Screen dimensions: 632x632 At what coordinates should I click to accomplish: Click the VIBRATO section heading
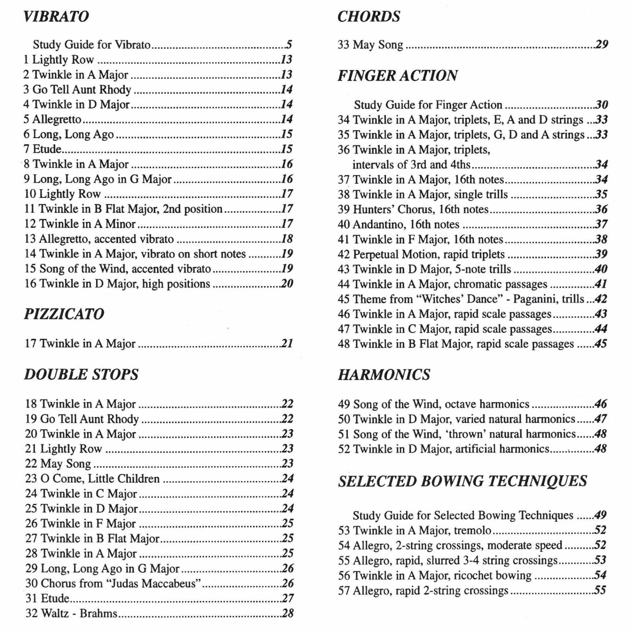56,16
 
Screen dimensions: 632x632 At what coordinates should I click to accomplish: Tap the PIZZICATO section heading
64,314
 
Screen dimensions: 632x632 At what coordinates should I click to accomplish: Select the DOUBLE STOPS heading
81,375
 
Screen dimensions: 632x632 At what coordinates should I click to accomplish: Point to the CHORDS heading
369,16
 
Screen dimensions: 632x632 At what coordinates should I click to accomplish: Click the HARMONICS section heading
384,375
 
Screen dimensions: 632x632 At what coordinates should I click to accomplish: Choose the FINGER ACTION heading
397,76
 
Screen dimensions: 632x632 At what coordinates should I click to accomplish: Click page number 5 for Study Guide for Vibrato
289,44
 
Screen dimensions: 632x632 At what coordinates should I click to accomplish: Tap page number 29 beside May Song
601,44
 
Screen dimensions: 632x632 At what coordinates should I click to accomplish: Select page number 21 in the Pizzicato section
287,344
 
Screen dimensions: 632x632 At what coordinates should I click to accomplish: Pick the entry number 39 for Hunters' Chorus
343,209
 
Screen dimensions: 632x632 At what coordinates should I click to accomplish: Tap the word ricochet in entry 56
472,575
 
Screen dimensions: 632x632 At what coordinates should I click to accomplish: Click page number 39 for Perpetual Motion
601,254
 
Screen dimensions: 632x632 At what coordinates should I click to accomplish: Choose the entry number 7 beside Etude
26,149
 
